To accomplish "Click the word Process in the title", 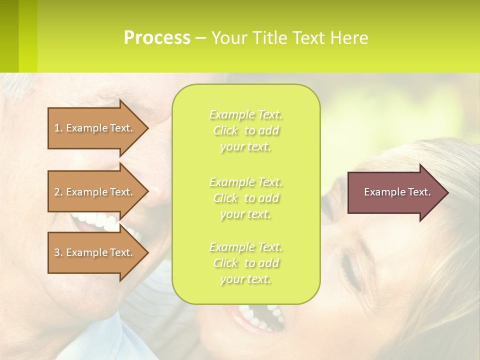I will pyautogui.click(x=157, y=37).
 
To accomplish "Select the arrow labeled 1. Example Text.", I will pyautogui.click(x=95, y=128).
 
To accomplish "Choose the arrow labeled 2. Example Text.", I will pyautogui.click(x=95, y=192).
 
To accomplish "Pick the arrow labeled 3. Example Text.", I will pyautogui.click(x=95, y=252).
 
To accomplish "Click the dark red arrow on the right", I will pyautogui.click(x=390, y=192).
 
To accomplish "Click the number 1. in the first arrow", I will pyautogui.click(x=58, y=128).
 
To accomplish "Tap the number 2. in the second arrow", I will pyautogui.click(x=58, y=192).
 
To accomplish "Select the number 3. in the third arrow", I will pyautogui.click(x=58, y=252).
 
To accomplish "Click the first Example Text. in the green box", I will pyautogui.click(x=245, y=115).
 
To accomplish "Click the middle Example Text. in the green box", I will pyautogui.click(x=245, y=181).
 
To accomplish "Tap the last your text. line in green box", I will pyautogui.click(x=245, y=279).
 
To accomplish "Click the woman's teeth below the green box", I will pyautogui.click(x=260, y=315).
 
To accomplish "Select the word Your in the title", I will pyautogui.click(x=227, y=37).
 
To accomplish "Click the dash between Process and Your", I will pyautogui.click(x=200, y=38).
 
